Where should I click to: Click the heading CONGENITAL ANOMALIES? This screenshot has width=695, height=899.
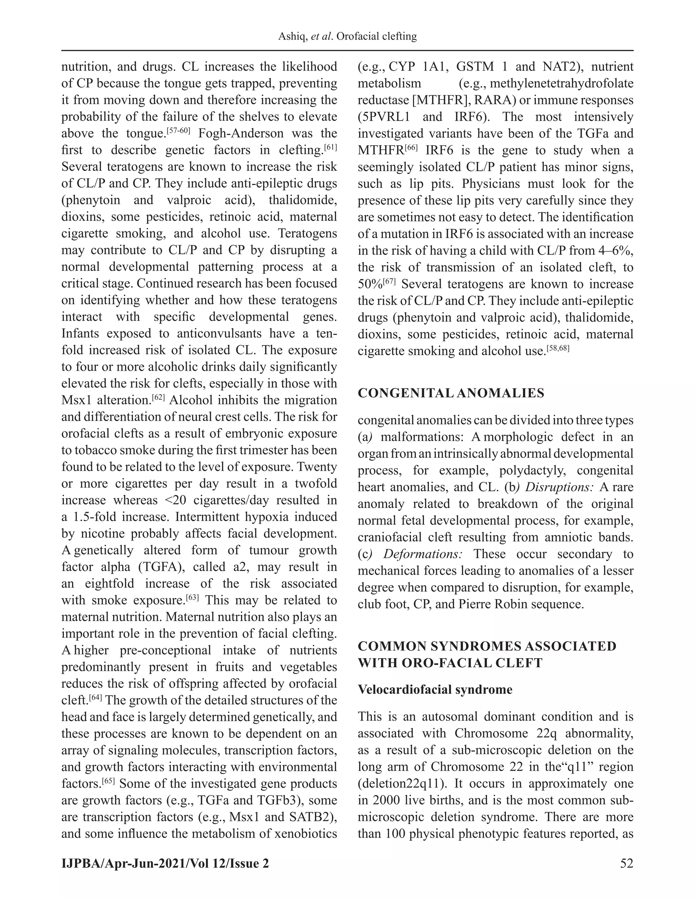[x=451, y=393]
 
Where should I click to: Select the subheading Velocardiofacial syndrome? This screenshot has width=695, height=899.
[x=435, y=689]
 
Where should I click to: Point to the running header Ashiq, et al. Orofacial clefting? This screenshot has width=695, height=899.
[x=347, y=37]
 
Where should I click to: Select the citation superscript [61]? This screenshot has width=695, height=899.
[x=331, y=147]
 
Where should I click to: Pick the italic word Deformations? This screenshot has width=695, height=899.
[x=422, y=554]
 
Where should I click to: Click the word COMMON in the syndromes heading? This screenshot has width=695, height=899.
[x=390, y=646]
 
